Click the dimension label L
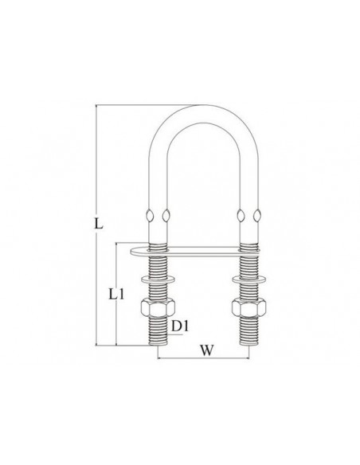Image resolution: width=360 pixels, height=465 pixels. (99, 223)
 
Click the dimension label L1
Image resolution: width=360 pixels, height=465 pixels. (116, 294)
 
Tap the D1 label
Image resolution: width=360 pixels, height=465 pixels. (180, 326)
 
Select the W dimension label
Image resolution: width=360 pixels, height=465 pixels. (206, 350)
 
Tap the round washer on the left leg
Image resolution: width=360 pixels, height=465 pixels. (158, 279)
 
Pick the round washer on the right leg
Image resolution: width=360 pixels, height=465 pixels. (248, 279)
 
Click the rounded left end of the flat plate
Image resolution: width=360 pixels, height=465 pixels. (132, 252)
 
